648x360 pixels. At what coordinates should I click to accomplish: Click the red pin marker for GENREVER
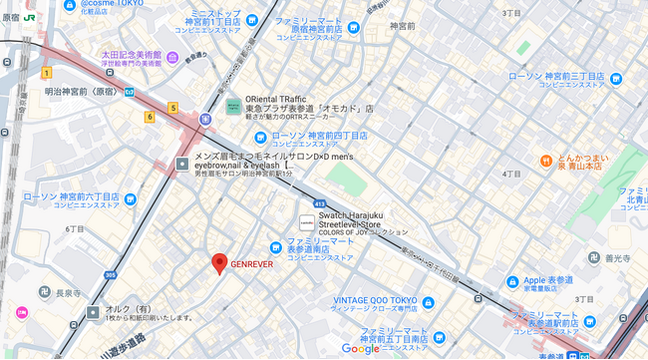(219, 263)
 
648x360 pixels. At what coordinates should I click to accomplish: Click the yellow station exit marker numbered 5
(172, 108)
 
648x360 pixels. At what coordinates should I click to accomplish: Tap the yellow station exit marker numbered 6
(150, 117)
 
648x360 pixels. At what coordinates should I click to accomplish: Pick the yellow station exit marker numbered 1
(46, 73)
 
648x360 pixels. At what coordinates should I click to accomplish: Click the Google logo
(360, 348)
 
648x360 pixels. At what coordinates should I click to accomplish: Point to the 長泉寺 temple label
(69, 292)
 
